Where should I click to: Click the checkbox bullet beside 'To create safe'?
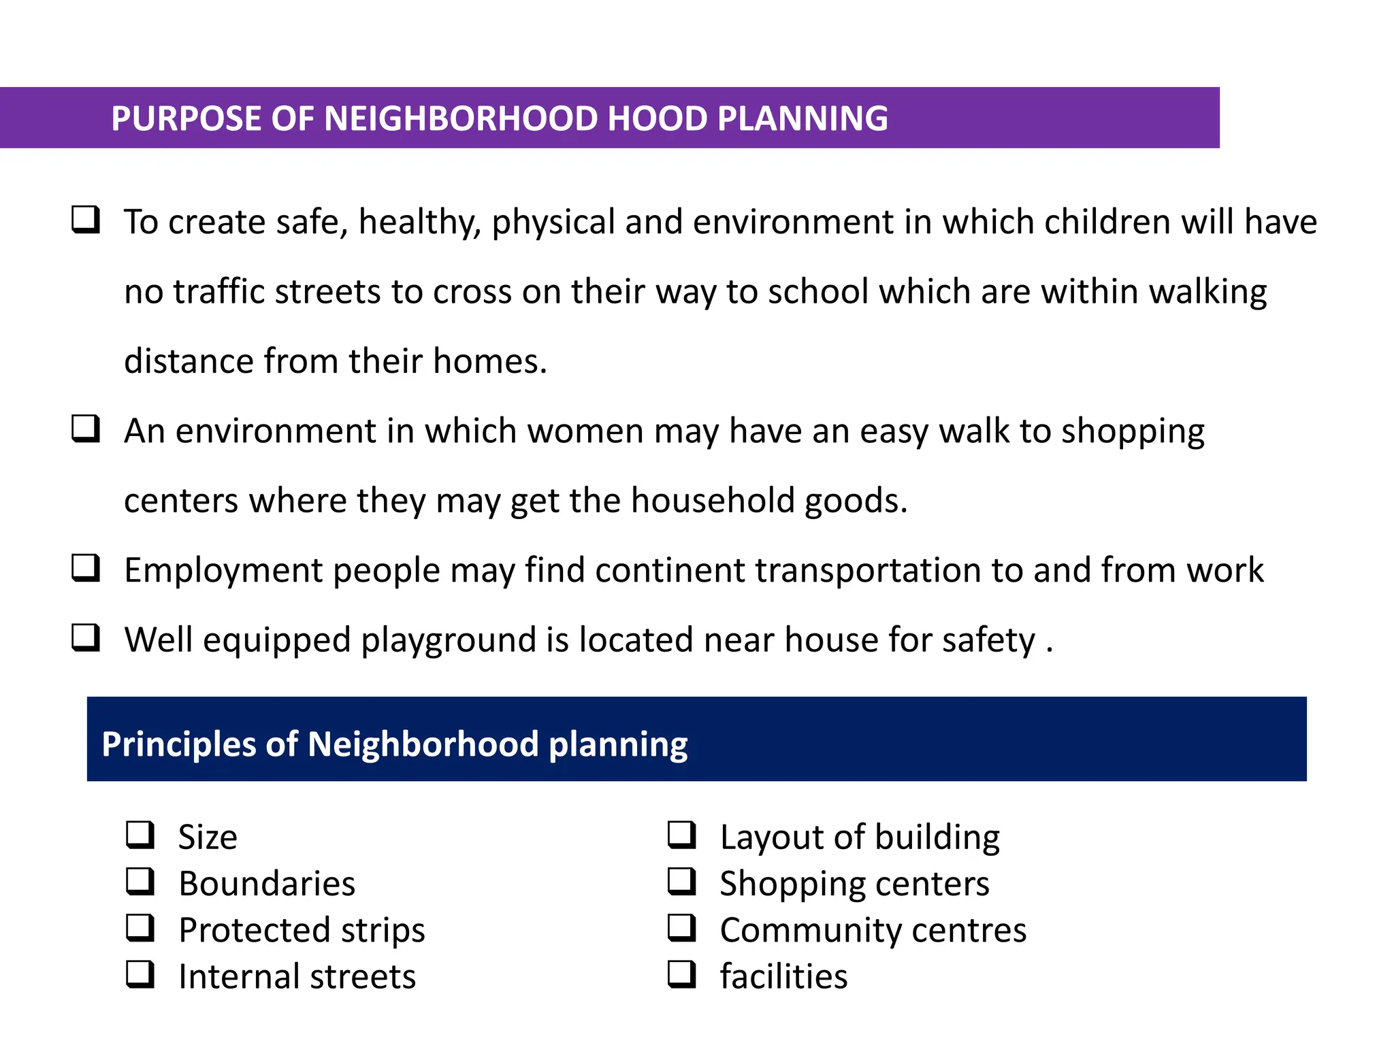click(86, 220)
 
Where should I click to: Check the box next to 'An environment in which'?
click(86, 429)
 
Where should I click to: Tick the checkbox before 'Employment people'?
click(86, 569)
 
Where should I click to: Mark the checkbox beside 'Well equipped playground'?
click(86, 638)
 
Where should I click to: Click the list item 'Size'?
click(208, 837)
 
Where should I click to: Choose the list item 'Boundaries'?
click(267, 884)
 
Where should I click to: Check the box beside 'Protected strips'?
click(140, 928)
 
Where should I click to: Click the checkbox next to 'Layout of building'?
click(681, 835)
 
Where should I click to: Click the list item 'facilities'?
click(783, 977)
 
